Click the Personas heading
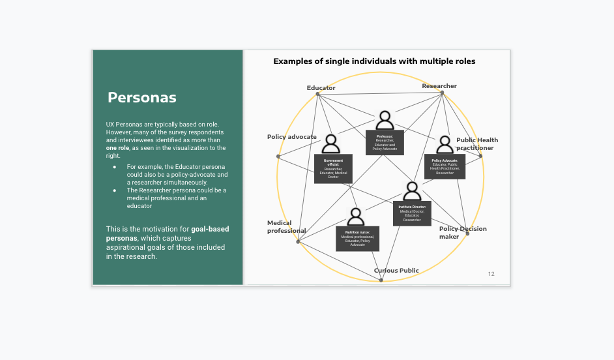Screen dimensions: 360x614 pos(142,98)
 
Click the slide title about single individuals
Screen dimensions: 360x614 pos(374,61)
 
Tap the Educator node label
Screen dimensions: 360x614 pos(321,88)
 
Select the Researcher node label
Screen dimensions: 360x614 pos(439,86)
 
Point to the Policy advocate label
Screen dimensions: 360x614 pos(291,137)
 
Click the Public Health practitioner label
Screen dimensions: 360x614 pos(476,144)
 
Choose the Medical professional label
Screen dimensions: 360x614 pos(286,227)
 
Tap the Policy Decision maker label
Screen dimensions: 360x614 pos(462,233)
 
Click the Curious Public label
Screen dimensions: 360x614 pos(396,271)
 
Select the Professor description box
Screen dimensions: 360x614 pos(385,143)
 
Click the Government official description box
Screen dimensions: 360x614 pos(333,169)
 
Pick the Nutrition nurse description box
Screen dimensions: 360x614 pos(357,238)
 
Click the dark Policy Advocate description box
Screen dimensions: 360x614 pos(445,166)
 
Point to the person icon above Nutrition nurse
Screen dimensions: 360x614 pos(356,217)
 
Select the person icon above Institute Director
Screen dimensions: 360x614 pos(412,191)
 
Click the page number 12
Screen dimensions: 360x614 pos(491,274)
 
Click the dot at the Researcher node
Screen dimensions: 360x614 pos(442,93)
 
